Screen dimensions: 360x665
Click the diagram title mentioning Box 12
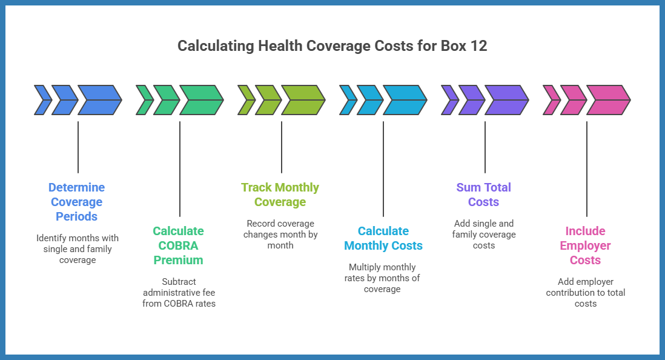(332, 46)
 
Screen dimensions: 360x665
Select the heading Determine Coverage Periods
(76, 202)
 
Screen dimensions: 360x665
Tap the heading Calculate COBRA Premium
(178, 245)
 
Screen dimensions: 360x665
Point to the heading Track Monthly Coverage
(280, 195)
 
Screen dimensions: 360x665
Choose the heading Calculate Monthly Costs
(383, 238)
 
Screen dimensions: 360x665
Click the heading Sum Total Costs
(484, 195)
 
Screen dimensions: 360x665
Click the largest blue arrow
(99, 100)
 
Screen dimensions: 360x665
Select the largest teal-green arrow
(200, 100)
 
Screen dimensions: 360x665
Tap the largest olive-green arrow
(302, 100)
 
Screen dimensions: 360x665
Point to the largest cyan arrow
(404, 100)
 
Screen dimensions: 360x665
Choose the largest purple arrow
(506, 100)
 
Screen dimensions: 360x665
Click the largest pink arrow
(607, 100)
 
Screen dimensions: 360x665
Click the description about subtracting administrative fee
(179, 292)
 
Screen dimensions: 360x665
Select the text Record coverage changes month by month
(280, 235)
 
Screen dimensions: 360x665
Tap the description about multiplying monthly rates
(383, 278)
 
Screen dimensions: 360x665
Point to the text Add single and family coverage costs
(484, 235)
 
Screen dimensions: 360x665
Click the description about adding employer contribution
(585, 292)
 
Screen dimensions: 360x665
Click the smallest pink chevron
(551, 100)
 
